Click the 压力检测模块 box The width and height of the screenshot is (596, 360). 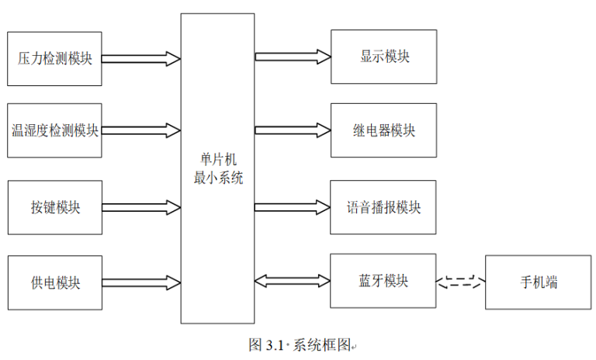pyautogui.click(x=54, y=58)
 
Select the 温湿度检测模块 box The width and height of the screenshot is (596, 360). pyautogui.click(x=54, y=130)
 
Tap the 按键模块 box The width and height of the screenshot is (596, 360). pyautogui.click(x=54, y=207)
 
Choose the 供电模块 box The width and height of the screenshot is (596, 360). pyautogui.click(x=54, y=282)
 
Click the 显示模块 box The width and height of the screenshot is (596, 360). pyautogui.click(x=384, y=57)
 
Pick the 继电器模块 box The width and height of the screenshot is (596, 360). pyautogui.click(x=384, y=130)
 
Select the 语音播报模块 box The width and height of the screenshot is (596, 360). pyautogui.click(x=384, y=207)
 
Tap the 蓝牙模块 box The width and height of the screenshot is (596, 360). pyautogui.click(x=384, y=280)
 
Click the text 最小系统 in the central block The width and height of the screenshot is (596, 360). pyautogui.click(x=218, y=178)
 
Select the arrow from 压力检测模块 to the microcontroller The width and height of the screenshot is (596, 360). pyautogui.click(x=140, y=58)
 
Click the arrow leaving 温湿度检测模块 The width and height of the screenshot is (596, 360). pyautogui.click(x=140, y=130)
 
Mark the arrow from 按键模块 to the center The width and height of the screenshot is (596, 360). pyautogui.click(x=140, y=207)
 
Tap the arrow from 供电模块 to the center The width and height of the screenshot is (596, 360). pyautogui.click(x=140, y=281)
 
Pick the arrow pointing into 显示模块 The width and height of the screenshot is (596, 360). pyautogui.click(x=293, y=57)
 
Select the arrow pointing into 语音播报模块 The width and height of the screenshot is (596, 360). pyautogui.click(x=293, y=207)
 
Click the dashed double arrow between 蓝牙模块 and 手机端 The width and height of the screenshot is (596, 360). pyautogui.click(x=461, y=282)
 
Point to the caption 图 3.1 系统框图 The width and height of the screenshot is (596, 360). pyautogui.click(x=300, y=345)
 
